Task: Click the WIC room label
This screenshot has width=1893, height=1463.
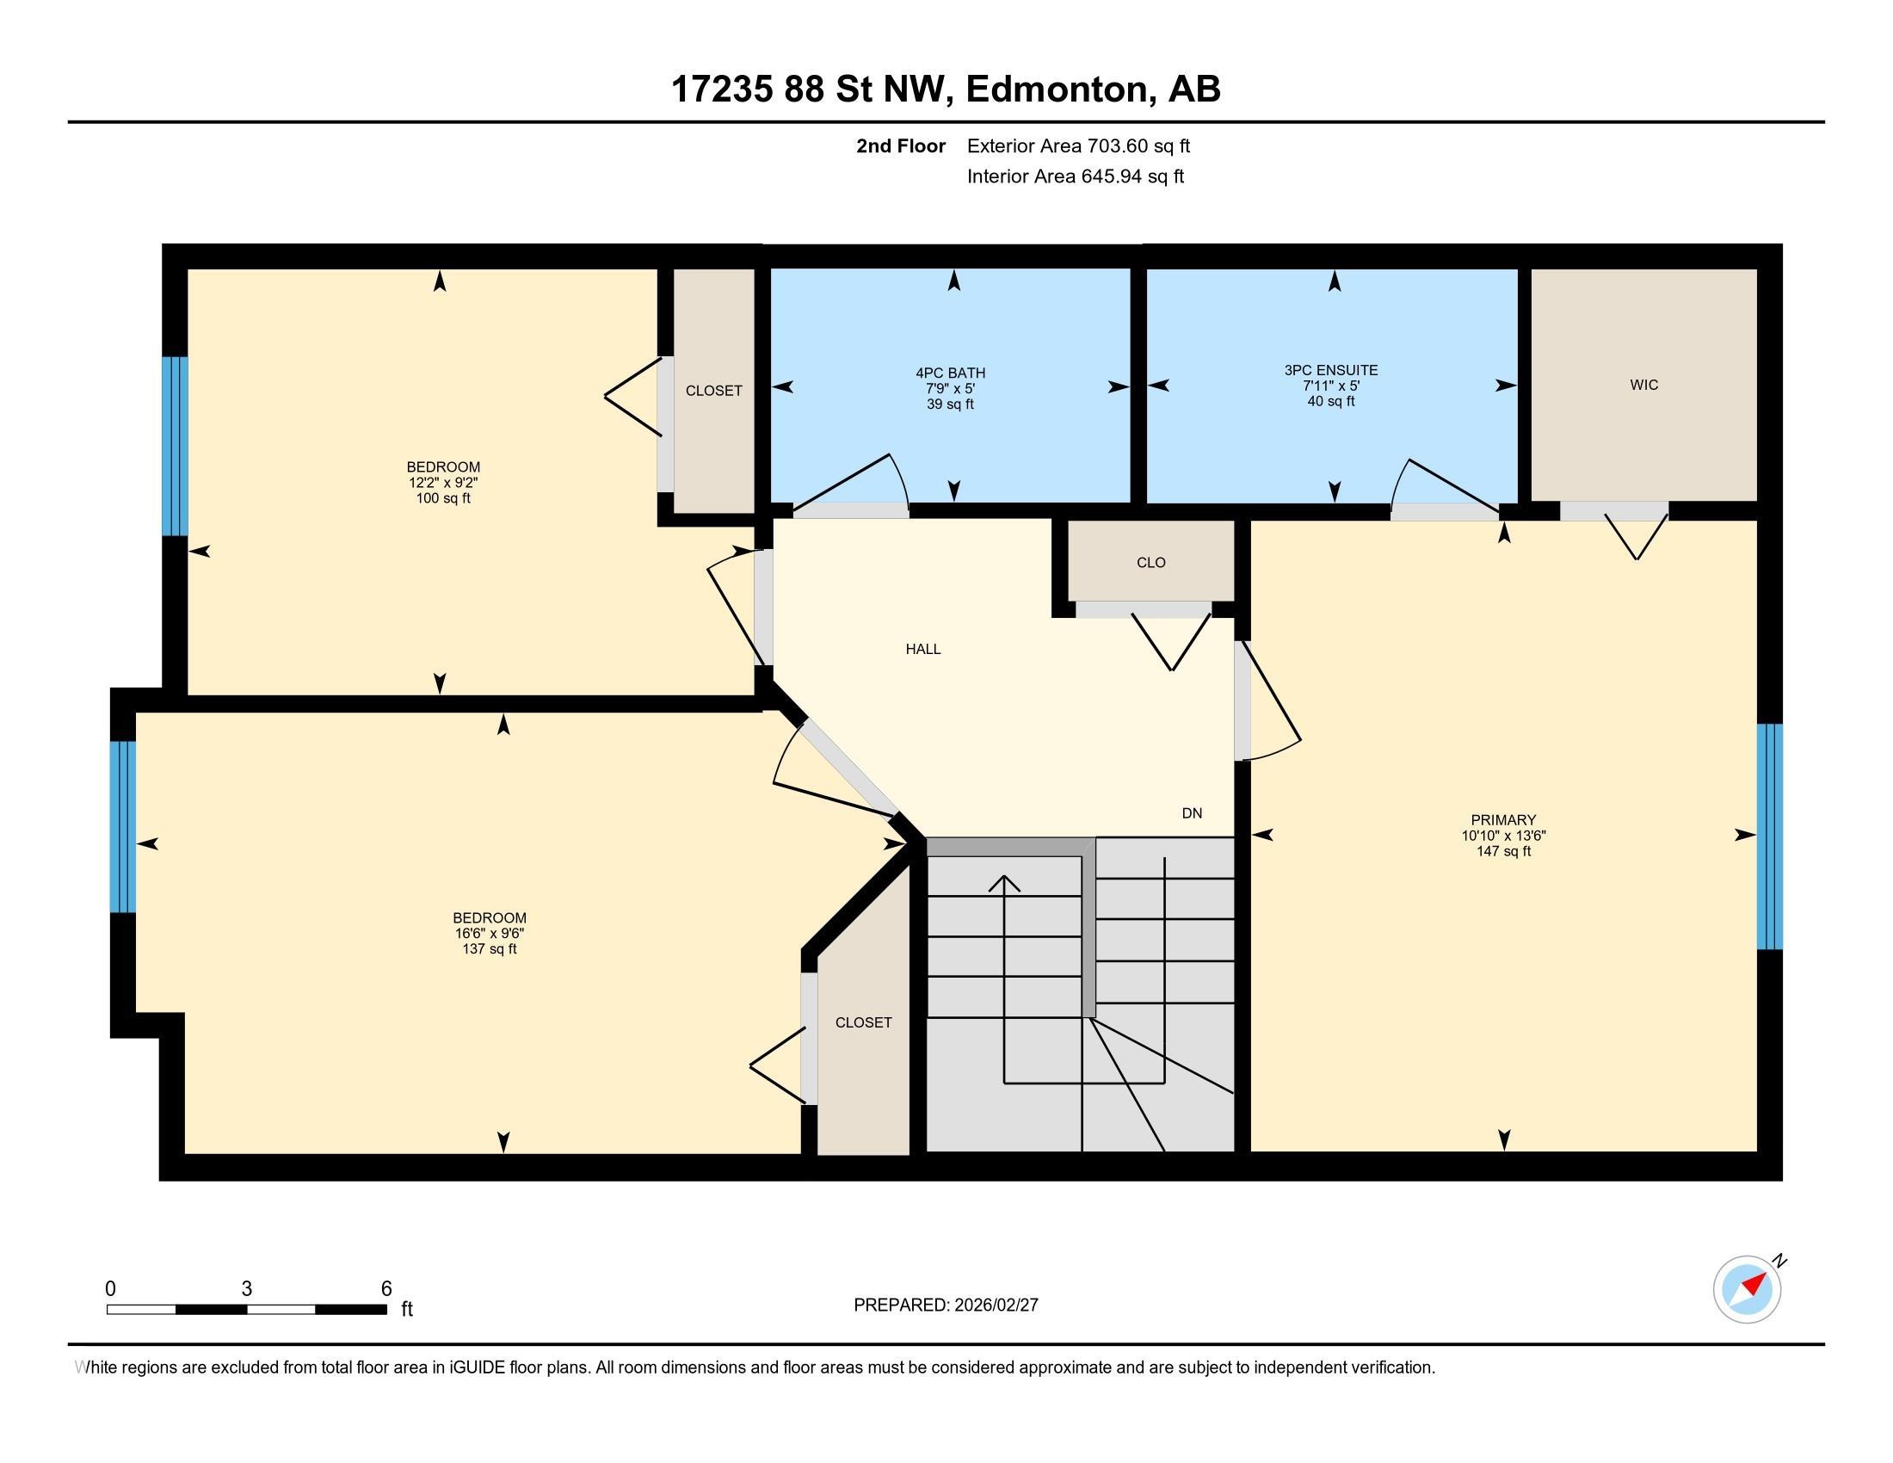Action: (x=1643, y=385)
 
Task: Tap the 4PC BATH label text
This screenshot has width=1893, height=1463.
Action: (x=950, y=373)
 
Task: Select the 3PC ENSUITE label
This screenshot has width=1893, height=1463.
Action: (x=1330, y=370)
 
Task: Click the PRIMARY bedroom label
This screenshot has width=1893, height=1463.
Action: (x=1503, y=820)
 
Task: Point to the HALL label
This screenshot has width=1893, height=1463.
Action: (x=923, y=649)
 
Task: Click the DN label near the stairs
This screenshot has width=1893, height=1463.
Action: (x=1192, y=813)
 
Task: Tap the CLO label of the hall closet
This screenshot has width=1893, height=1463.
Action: (x=1150, y=563)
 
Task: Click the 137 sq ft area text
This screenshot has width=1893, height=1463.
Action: (x=489, y=949)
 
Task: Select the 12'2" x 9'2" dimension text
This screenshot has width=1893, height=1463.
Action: (x=443, y=483)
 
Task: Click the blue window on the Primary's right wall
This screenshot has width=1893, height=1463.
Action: (x=1769, y=836)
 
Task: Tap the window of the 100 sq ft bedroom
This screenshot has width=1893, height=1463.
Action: (x=175, y=447)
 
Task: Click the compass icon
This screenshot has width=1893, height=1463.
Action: (x=1747, y=1289)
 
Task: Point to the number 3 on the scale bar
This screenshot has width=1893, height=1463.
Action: (x=247, y=1289)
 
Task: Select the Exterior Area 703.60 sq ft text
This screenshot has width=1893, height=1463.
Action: (x=1078, y=145)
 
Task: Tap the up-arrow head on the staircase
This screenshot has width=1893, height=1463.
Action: (x=1003, y=881)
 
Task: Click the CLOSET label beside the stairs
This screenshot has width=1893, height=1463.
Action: (x=863, y=1022)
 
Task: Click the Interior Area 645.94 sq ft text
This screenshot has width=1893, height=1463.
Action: (x=1075, y=176)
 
